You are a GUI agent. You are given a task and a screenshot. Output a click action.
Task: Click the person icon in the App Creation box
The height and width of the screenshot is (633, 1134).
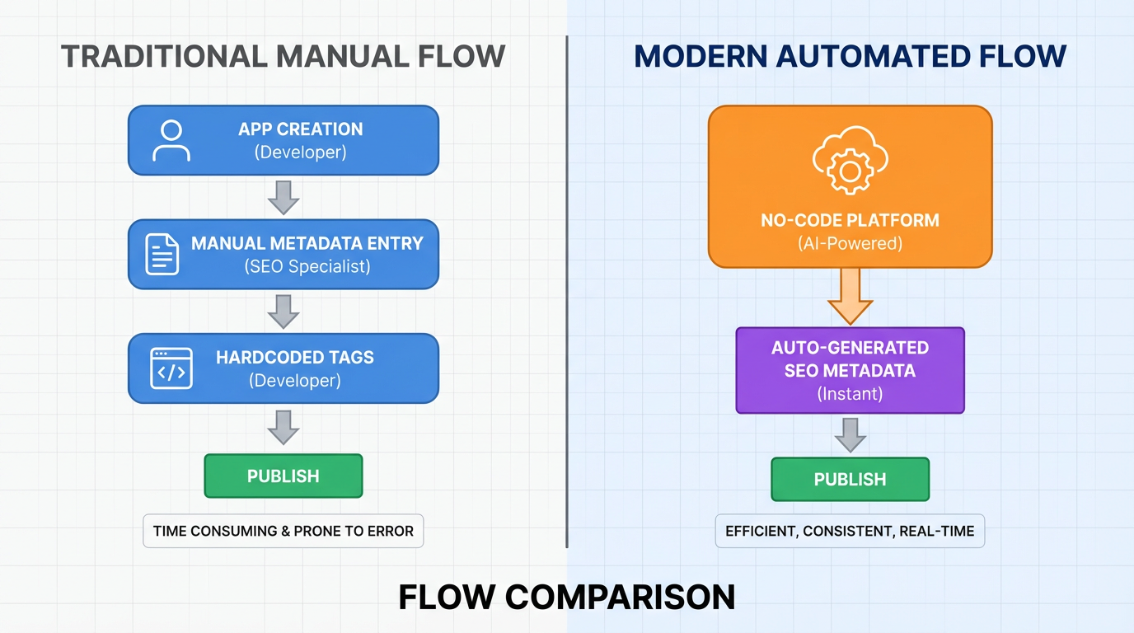point(171,140)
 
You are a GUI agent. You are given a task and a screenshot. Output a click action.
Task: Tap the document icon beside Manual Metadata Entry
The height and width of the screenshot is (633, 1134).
point(162,254)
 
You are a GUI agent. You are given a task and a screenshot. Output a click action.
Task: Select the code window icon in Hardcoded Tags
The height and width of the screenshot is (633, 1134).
point(171,368)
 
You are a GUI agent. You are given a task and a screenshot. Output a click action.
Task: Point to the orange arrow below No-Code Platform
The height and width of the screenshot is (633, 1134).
point(850,295)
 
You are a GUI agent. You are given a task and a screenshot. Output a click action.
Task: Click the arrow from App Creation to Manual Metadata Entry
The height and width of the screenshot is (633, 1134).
point(283,197)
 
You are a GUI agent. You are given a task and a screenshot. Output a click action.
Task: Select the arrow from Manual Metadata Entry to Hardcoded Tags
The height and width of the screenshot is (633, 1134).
point(283,311)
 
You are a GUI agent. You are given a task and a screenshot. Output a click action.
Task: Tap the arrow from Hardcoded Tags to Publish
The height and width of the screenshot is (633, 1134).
point(283,427)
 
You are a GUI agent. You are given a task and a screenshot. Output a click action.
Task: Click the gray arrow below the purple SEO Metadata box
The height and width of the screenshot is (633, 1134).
point(850,434)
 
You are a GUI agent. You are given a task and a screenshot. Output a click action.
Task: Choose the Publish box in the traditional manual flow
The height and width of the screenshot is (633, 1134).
point(283,476)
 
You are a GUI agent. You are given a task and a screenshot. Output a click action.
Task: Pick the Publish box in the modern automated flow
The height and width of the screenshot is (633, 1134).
point(850,479)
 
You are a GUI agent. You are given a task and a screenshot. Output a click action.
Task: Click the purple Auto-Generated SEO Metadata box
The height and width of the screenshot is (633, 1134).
point(850,370)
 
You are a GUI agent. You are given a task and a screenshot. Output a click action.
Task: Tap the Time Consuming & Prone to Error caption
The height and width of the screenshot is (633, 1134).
point(283,531)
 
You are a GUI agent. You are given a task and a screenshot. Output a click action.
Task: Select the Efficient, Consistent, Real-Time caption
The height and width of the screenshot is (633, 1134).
point(850,531)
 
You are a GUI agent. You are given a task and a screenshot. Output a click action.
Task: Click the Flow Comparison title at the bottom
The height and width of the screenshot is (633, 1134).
point(567,597)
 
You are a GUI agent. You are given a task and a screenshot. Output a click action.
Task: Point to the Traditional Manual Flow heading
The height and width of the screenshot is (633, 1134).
point(283,56)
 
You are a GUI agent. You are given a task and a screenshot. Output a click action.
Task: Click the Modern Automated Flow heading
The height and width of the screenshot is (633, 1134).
point(850,56)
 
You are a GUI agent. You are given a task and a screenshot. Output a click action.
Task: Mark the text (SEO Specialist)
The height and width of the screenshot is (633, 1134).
point(307,266)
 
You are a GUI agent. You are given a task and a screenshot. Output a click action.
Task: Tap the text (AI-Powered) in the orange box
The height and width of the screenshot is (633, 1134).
point(850,244)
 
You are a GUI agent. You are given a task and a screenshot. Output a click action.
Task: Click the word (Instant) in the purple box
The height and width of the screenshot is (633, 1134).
point(850,394)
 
